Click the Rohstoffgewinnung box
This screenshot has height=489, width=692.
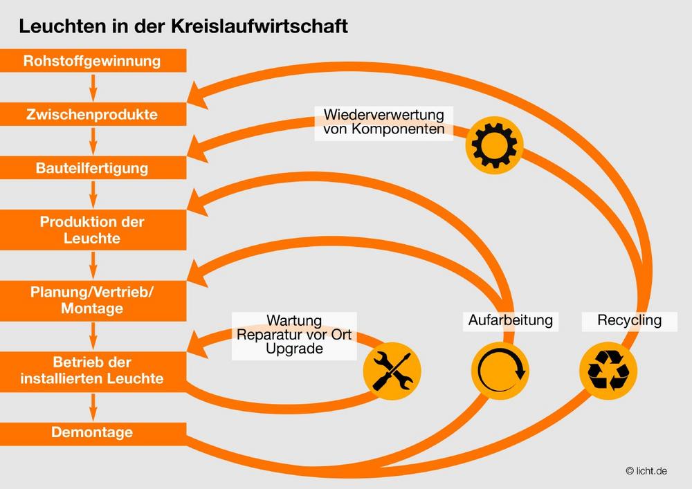pos(93,61)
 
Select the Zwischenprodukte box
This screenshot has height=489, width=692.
pos(93,114)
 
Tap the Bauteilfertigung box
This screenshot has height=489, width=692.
pos(93,167)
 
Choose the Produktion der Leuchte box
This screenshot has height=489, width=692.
pos(93,230)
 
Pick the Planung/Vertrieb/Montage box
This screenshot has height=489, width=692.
pos(93,301)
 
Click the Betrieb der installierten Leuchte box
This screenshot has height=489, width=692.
pos(93,371)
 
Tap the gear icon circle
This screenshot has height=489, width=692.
pos(494,145)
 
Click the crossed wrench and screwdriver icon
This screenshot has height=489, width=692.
pos(392,371)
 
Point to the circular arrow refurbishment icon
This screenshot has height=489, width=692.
pos(500,371)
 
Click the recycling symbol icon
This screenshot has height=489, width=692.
pos(608,371)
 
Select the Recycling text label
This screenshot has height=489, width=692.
pos(629,320)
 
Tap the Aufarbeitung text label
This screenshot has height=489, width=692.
pos(511,320)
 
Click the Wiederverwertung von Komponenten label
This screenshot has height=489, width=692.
pos(384,122)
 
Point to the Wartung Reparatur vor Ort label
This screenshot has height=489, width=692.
pos(294,335)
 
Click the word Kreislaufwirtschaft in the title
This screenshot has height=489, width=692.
pos(259,26)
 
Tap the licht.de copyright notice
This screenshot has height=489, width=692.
pos(646,471)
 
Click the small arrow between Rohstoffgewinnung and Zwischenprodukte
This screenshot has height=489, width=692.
pos(93,88)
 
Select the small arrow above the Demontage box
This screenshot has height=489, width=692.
pos(93,407)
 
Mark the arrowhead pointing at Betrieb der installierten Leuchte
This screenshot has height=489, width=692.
pos(197,345)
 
